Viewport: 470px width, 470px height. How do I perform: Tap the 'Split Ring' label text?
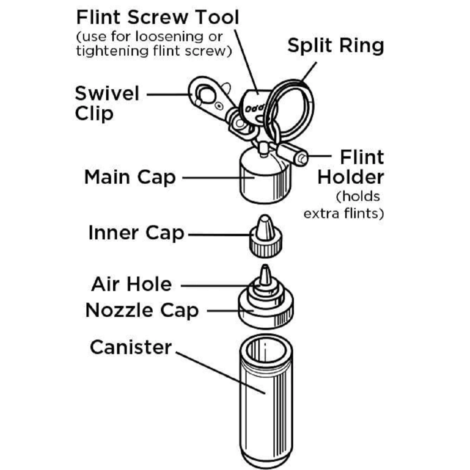coord(336,46)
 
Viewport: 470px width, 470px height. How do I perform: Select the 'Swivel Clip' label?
coord(107,104)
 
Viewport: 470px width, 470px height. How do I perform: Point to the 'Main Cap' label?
coord(130,177)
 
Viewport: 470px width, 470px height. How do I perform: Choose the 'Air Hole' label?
coord(131,285)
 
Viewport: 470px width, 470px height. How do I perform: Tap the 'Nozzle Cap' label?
coord(142,310)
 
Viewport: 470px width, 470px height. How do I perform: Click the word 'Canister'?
coord(131,347)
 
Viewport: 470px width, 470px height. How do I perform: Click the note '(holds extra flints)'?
coord(344,205)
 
